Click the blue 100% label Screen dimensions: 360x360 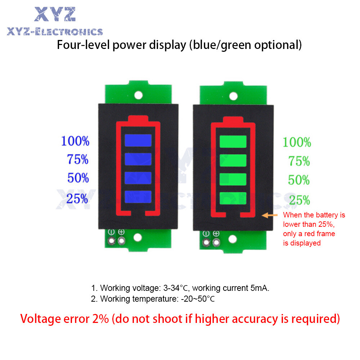75,141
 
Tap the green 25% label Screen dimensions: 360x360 299,200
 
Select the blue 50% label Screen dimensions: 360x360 77,178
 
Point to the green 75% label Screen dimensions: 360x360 299,161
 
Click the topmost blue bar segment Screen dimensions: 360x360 138,140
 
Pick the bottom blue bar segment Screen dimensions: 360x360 138,196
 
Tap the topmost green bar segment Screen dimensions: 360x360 233,141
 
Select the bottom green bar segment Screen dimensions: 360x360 233,197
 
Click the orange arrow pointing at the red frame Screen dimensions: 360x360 270,215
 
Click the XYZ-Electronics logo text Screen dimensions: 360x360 55,32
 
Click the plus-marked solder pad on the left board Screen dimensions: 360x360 121,240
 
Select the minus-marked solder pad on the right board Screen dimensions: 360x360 206,242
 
